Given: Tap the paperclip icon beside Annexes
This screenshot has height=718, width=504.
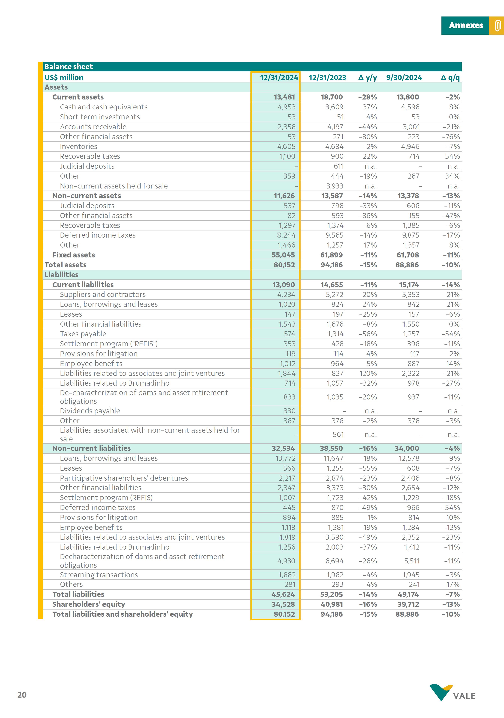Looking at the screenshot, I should [497, 25].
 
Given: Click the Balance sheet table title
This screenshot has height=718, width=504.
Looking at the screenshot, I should [69, 67].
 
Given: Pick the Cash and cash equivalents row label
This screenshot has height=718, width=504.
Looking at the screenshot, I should [104, 107].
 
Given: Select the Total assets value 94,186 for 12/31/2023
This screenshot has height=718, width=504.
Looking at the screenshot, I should [332, 265].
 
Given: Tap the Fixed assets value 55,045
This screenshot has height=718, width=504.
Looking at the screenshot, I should [283, 255].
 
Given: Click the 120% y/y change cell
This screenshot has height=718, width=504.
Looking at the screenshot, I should [368, 373].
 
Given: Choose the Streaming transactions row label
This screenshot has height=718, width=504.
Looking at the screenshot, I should [99, 575].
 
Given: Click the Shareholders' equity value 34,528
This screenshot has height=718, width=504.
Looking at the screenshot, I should [283, 604].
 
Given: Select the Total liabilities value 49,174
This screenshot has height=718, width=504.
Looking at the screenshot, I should [408, 594].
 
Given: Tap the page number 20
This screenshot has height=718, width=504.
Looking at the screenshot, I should [22, 695].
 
